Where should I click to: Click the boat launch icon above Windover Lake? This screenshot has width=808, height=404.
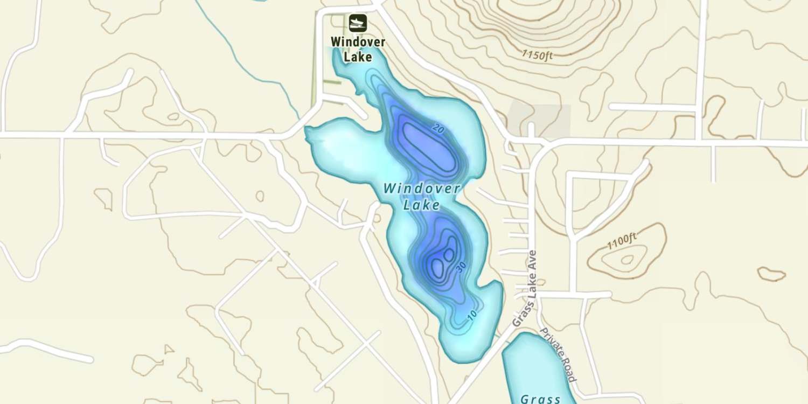pos(357,23)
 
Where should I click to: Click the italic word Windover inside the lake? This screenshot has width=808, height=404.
pos(422,189)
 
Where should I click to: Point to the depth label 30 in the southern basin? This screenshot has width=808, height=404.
pos(461,267)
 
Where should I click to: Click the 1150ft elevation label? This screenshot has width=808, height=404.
pos(537,55)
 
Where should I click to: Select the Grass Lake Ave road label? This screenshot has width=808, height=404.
pos(525,289)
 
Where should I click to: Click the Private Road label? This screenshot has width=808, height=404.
pos(558,355)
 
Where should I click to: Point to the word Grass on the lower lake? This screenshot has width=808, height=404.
pos(540,399)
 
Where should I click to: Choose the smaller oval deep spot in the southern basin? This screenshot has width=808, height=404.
pos(449,254)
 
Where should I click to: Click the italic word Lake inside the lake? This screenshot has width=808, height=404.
pos(421,205)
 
